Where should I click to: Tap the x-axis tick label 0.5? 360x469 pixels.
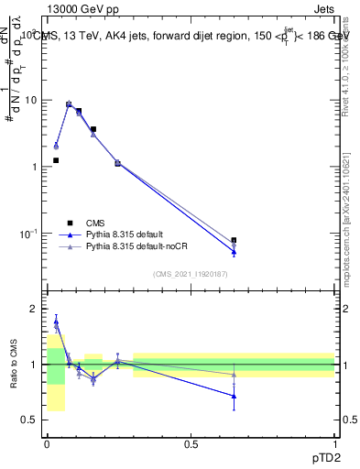(x=191, y=443)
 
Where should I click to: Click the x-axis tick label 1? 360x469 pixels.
(x=334, y=443)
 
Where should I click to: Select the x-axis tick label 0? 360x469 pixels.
(x=47, y=443)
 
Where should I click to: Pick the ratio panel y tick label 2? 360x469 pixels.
(x=33, y=309)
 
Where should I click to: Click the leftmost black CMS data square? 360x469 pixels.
(x=56, y=160)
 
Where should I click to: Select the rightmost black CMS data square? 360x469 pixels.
(x=234, y=240)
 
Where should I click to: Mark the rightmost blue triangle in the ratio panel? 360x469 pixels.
(x=234, y=397)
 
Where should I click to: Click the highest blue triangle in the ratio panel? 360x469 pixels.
(x=56, y=322)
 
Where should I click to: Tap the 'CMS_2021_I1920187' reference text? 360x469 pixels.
(x=190, y=274)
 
